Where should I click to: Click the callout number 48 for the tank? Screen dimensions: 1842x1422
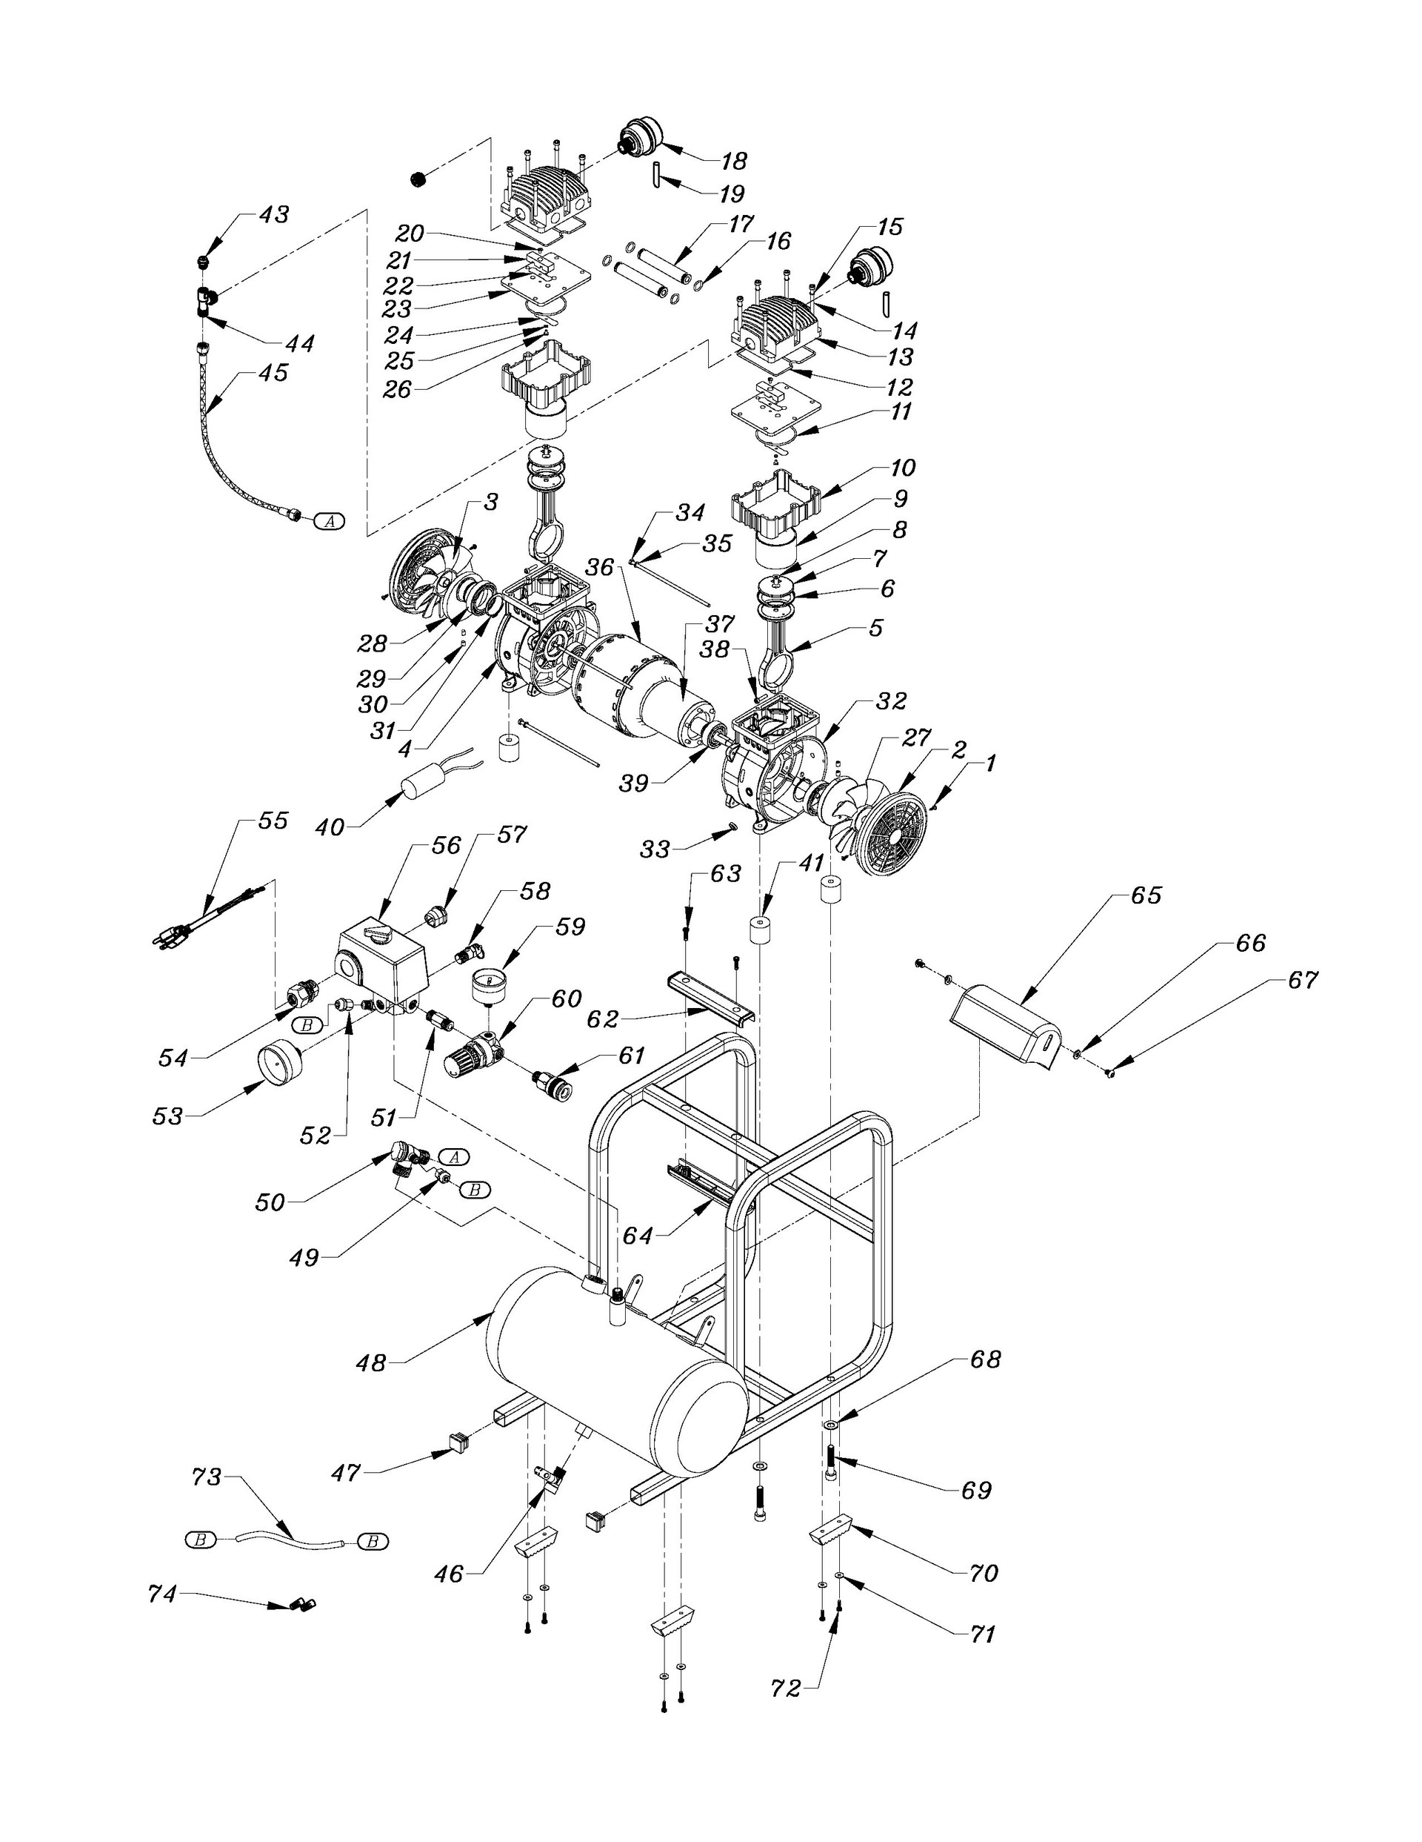click(372, 1362)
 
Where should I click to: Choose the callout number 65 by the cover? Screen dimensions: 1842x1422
click(1147, 895)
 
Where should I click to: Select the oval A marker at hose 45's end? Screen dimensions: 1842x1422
click(330, 521)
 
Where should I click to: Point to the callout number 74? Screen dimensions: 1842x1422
click(162, 1594)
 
